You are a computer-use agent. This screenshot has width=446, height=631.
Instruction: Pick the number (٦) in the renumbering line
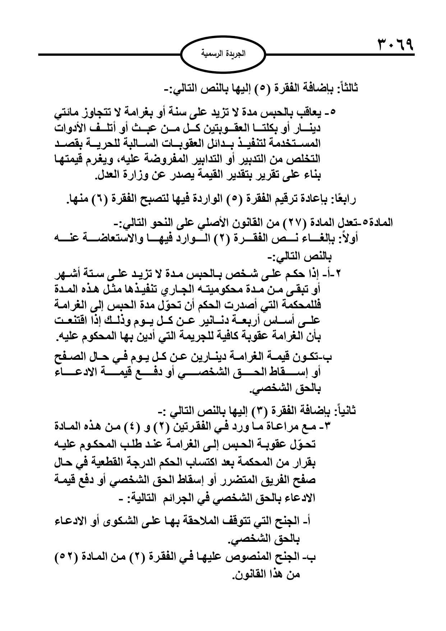point(107,199)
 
